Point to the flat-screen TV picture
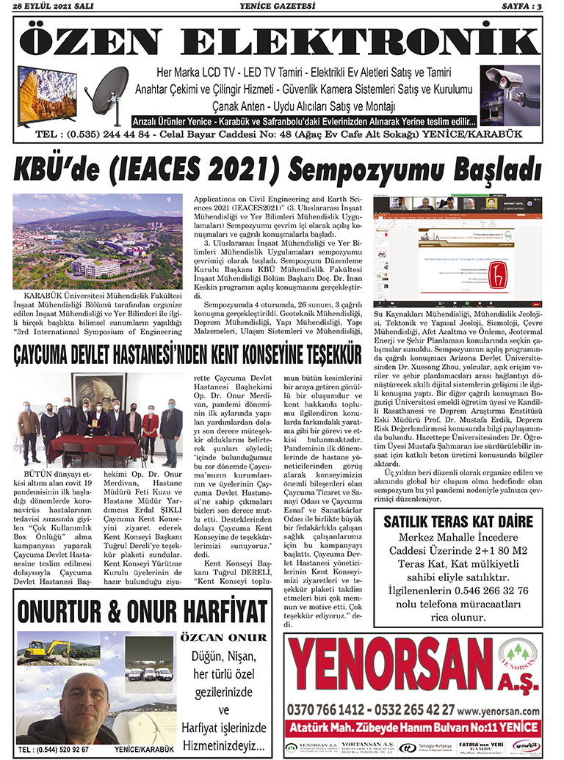pyautogui.click(x=47, y=95)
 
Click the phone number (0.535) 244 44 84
pyautogui.click(x=108, y=135)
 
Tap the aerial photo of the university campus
pyautogui.click(x=98, y=241)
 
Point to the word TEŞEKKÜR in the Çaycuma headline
pyautogui.click(x=318, y=356)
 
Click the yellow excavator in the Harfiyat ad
pyautogui.click(x=46, y=649)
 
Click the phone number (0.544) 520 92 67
pyautogui.click(x=54, y=750)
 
